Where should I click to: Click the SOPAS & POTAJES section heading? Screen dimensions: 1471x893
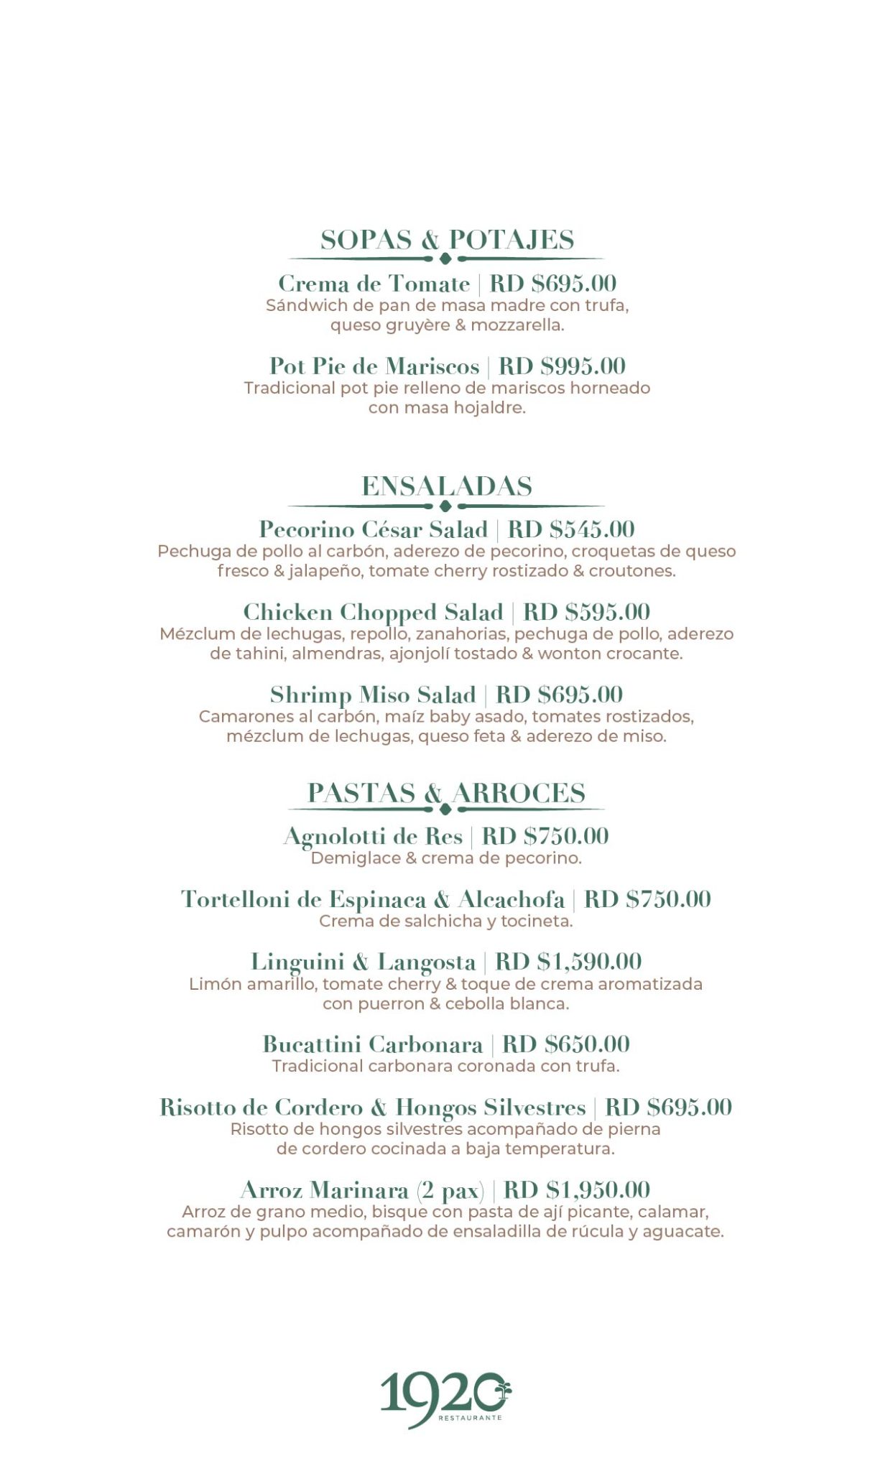(x=447, y=240)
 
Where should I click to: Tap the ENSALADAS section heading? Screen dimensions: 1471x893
(x=446, y=486)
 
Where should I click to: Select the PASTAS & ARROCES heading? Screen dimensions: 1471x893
(x=446, y=793)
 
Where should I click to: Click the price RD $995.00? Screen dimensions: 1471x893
(x=562, y=366)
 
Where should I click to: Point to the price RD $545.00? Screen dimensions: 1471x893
(x=571, y=529)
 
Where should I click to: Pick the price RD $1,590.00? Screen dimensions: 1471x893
(x=568, y=961)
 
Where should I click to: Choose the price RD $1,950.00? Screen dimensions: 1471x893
(x=577, y=1189)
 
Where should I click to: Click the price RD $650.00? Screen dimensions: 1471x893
(x=566, y=1044)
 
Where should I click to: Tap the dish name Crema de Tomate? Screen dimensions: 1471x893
(x=374, y=284)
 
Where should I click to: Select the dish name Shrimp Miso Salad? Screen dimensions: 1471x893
(x=373, y=695)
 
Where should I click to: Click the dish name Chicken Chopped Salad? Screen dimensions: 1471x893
(x=373, y=612)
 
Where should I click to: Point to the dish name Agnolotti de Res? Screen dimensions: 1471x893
(x=373, y=836)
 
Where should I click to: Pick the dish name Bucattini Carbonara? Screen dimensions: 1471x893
(x=372, y=1044)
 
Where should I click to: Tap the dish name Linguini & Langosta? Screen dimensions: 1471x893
(x=363, y=961)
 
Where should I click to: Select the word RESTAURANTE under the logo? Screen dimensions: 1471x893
(x=470, y=1418)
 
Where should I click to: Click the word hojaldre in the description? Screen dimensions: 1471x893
(x=494, y=408)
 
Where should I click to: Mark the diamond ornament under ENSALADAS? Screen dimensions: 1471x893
(x=445, y=506)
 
